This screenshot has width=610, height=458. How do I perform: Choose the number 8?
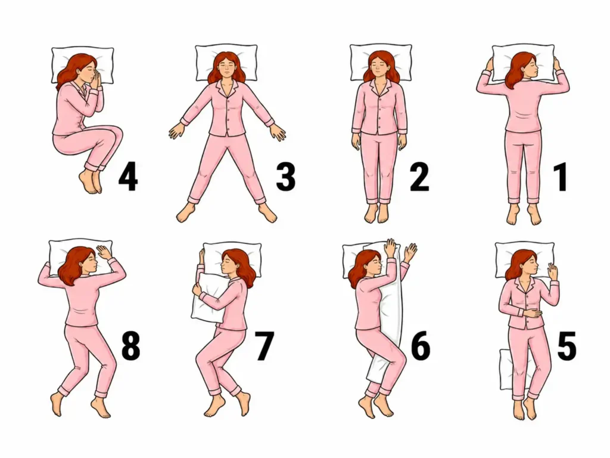pos(130,346)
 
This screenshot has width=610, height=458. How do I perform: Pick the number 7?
pos(264,346)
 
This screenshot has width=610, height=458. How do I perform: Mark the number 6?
pos(421,346)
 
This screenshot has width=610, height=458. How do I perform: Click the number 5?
pos(567,346)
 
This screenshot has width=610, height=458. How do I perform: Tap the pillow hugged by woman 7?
pos(207,298)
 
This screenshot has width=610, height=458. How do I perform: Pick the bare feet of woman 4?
pos(91,181)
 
